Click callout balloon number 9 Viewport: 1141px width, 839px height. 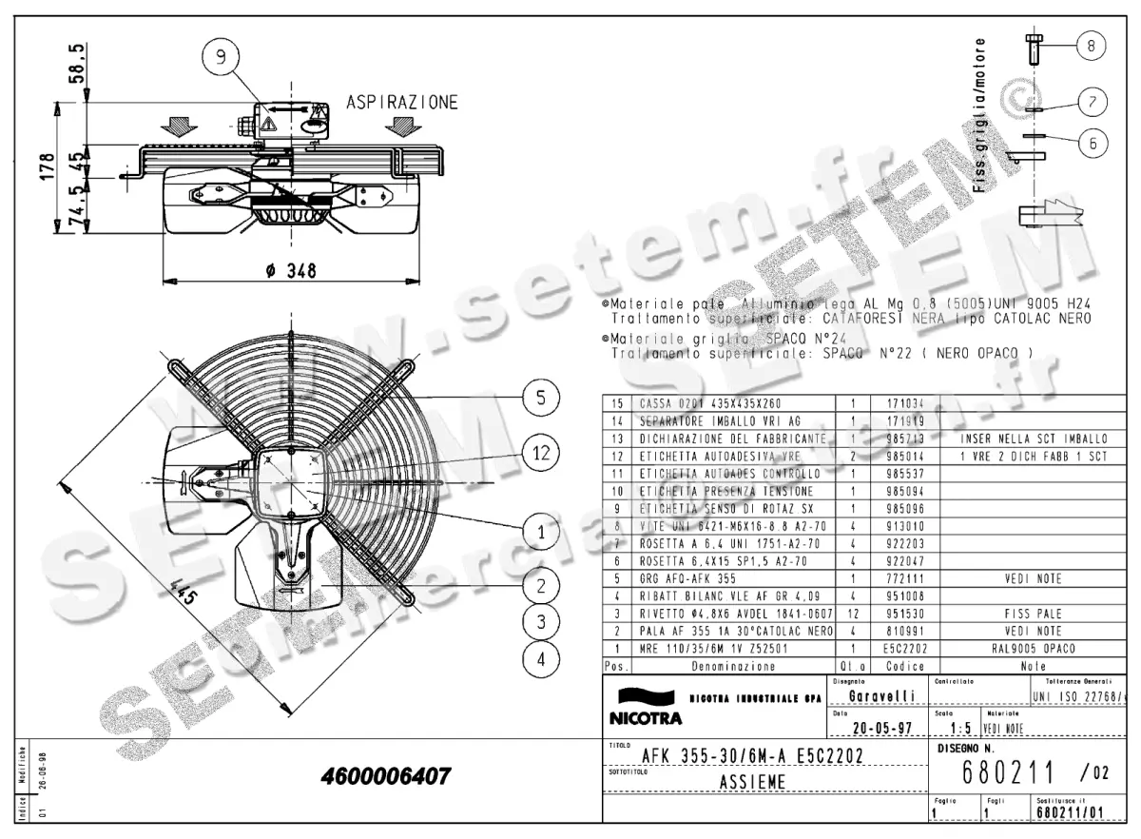click(221, 58)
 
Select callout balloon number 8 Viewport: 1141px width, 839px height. click(1092, 44)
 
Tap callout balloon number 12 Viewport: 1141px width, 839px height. click(540, 453)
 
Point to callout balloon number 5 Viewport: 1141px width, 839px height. click(540, 398)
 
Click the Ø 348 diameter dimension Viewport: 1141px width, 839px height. click(291, 271)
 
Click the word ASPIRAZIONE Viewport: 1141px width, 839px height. click(401, 103)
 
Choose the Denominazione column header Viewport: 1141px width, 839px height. click(733, 667)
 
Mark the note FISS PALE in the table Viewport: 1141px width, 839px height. click(1033, 614)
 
